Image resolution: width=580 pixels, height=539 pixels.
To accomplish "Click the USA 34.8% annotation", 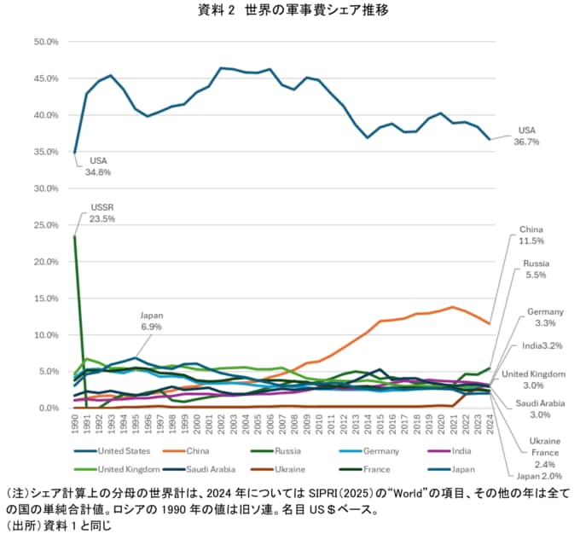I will [x=98, y=165].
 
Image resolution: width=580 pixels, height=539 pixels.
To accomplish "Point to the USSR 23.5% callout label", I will [x=102, y=213].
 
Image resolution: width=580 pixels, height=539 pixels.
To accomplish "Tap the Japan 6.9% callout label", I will [x=151, y=321].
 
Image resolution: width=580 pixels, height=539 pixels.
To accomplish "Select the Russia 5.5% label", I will [x=536, y=270].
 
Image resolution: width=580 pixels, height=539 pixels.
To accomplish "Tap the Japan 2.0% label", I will [x=539, y=476].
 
